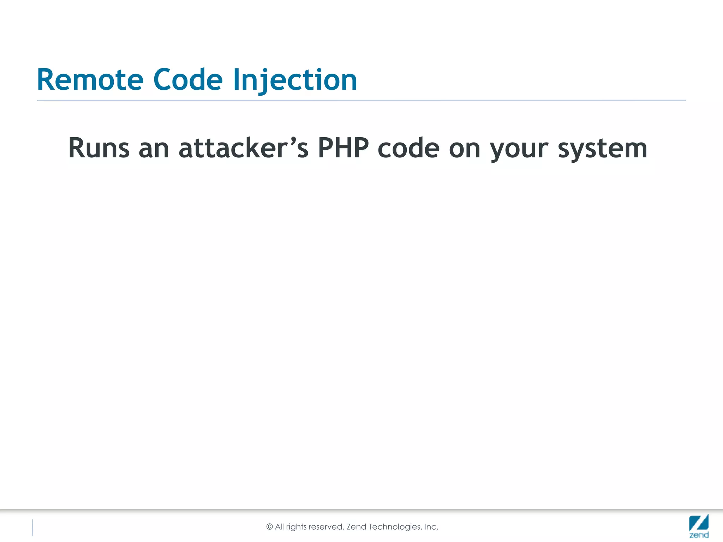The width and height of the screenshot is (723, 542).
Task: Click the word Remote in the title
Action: tap(90, 80)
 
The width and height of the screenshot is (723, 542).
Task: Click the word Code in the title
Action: tap(188, 80)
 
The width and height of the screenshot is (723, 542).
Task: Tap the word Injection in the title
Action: tap(295, 80)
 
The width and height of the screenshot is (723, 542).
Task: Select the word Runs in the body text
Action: tap(99, 148)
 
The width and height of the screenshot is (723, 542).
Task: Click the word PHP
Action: tap(343, 148)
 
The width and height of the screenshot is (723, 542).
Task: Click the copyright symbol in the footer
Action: tap(270, 527)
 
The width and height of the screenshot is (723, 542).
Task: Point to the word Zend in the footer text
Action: tap(357, 527)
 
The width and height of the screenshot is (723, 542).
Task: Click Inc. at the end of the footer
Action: tap(431, 527)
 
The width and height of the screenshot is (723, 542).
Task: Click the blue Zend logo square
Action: tap(699, 522)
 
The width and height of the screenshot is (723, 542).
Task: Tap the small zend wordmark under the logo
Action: tap(699, 535)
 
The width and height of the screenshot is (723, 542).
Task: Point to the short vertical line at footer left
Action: tap(32, 528)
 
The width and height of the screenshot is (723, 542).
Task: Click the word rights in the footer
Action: tap(296, 527)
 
